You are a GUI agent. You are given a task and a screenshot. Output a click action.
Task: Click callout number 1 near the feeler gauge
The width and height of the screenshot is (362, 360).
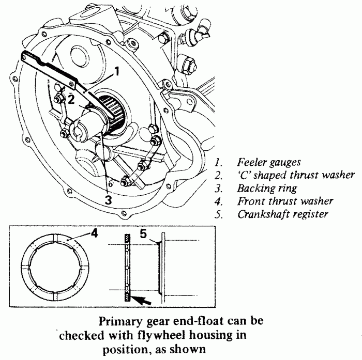point(117,72)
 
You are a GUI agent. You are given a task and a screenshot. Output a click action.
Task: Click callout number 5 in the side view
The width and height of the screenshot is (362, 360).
point(145,233)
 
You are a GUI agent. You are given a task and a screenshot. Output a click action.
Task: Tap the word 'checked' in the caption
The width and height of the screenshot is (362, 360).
point(81,335)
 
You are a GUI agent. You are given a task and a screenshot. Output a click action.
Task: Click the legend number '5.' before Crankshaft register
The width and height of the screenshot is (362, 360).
point(219,214)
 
